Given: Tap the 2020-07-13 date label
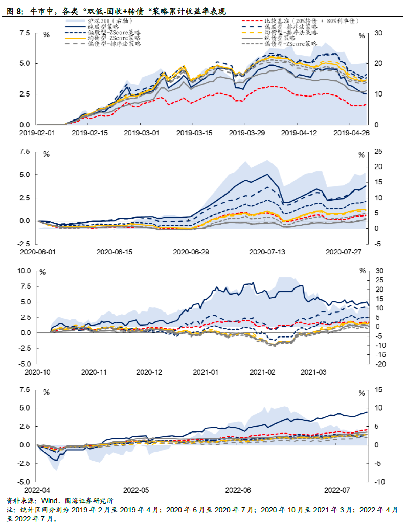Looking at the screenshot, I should coord(266,252).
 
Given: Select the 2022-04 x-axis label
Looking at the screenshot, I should coord(37,490).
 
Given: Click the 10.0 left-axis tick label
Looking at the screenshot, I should coord(25,271).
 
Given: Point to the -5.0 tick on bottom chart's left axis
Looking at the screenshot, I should coord(26,482).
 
